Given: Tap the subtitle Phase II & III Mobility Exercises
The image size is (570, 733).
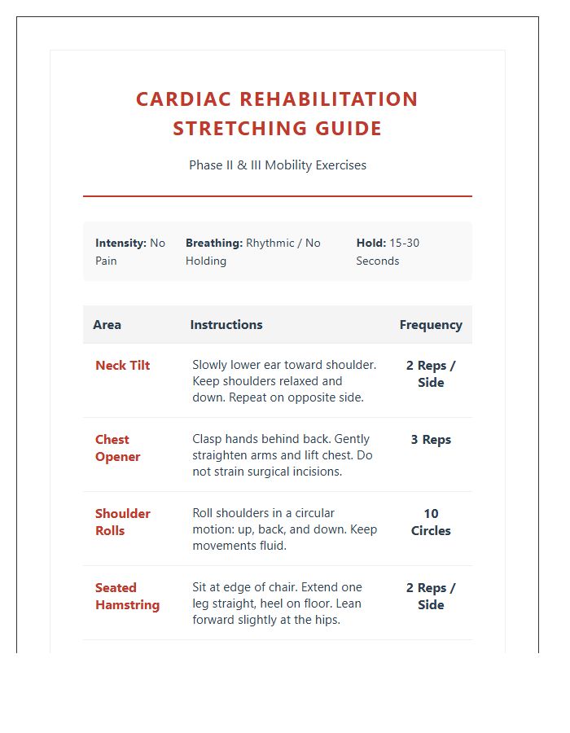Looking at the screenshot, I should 277,165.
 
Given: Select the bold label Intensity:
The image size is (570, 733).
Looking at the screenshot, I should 121,243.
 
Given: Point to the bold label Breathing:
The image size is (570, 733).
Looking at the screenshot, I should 213,243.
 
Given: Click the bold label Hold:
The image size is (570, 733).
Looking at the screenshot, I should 370,243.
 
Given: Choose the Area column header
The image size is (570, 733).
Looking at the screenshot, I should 107,325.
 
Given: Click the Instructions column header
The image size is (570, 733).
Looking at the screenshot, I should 226,325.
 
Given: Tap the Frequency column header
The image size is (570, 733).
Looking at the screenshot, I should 430,325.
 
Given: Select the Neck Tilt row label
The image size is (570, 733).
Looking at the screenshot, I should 122,366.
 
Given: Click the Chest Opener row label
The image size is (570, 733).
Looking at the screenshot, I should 117,448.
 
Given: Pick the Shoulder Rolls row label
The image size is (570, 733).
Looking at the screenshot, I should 122,522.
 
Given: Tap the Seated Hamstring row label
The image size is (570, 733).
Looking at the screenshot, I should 127,596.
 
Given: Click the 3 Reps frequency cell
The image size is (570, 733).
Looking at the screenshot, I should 430,440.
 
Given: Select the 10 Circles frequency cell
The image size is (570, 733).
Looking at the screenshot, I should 430,522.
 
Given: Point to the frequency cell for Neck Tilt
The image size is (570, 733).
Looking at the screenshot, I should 430,374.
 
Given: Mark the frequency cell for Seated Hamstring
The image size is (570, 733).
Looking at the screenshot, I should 430,596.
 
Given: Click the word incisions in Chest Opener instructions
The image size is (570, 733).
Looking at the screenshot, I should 315,472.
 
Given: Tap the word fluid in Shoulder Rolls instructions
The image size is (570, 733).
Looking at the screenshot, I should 271,546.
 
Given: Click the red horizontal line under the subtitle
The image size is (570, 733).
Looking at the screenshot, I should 277,196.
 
